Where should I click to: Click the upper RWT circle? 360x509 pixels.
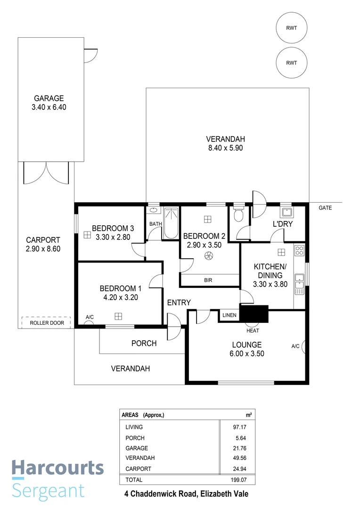tap(292, 28)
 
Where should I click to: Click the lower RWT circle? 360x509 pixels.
tap(292, 63)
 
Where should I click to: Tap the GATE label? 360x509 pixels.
tap(325, 208)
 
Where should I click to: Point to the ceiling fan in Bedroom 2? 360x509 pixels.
tap(207, 256)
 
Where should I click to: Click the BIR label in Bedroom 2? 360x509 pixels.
tap(208, 280)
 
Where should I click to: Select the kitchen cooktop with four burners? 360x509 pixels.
tap(299, 251)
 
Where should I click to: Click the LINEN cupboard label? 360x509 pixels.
tap(229, 315)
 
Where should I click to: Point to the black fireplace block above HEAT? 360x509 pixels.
tap(254, 313)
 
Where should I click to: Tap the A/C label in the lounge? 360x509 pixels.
tap(295, 346)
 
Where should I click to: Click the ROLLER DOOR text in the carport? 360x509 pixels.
tap(46, 323)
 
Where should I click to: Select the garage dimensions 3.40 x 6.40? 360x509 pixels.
tap(49, 107)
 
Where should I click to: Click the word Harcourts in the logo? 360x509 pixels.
tap(57, 468)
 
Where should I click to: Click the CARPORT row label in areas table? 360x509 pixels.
tap(139, 469)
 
